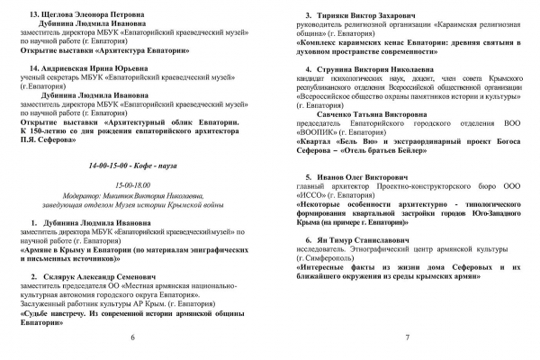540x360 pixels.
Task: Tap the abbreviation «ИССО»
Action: point(313,195)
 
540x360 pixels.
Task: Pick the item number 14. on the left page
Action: point(35,68)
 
